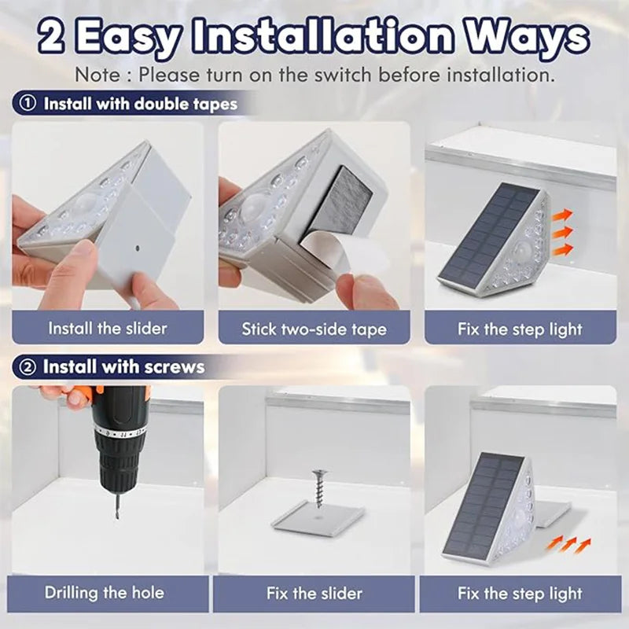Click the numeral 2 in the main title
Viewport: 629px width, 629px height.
click(x=53, y=37)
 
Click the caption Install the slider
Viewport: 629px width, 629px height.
click(x=108, y=328)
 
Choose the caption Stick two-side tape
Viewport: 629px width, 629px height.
click(x=314, y=329)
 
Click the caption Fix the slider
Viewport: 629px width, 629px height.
click(x=314, y=593)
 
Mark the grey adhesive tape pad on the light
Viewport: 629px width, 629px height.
click(x=336, y=204)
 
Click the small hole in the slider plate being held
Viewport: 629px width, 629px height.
click(x=137, y=246)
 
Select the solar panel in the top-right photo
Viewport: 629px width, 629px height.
click(x=487, y=234)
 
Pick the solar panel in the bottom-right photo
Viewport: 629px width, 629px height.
click(x=481, y=502)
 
